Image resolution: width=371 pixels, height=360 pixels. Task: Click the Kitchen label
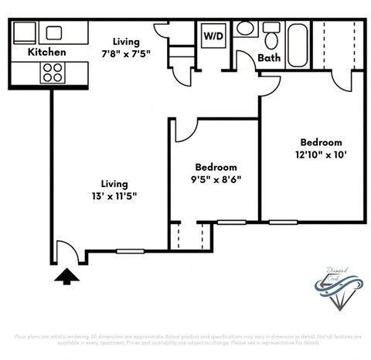46,53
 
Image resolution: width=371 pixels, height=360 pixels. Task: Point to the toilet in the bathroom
271,36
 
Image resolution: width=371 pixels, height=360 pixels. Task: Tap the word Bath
269,58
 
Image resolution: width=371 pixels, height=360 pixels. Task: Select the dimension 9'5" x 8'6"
216,182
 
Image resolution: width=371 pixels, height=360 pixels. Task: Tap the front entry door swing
65,250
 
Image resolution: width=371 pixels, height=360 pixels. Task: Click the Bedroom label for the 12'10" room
321,142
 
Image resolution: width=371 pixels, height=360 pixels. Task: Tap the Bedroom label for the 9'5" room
216,167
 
